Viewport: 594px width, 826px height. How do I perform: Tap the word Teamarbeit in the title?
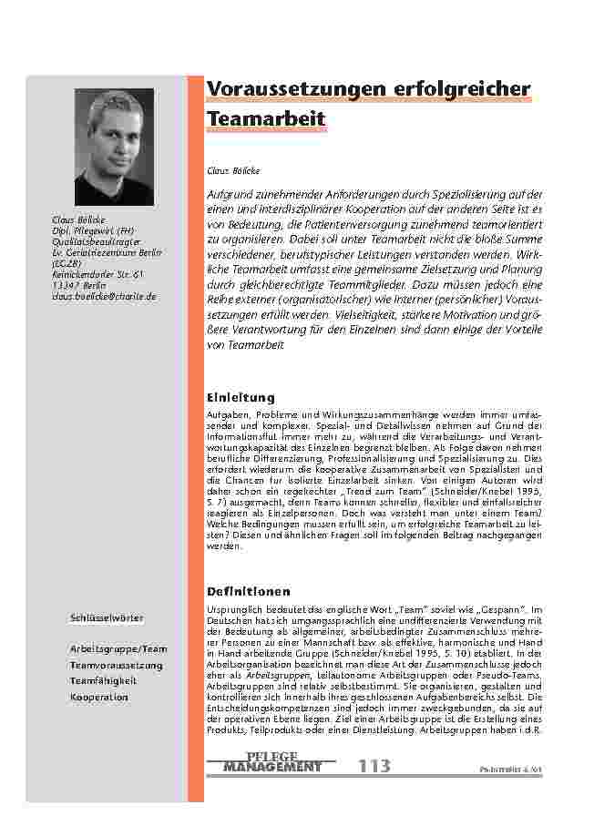click(266, 119)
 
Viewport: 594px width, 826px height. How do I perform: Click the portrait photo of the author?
click(114, 148)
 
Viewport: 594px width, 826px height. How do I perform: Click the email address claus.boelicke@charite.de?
click(104, 297)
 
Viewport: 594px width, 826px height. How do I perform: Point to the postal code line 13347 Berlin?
click(79, 286)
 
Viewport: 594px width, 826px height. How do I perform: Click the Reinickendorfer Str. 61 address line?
click(97, 274)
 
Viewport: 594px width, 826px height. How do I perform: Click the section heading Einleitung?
click(241, 398)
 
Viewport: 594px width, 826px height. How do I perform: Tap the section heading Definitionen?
click(249, 591)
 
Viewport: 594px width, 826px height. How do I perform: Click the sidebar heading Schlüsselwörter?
click(106, 618)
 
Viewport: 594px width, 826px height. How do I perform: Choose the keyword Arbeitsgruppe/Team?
click(118, 649)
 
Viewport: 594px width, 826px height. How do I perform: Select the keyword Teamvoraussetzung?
click(116, 666)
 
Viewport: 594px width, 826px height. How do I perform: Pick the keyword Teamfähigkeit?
click(103, 681)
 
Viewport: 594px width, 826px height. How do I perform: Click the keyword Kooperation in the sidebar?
click(99, 697)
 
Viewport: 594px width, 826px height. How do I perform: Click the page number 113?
click(374, 767)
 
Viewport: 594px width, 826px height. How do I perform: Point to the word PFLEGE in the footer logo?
click(271, 756)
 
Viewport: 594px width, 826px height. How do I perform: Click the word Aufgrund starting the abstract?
click(232, 195)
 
